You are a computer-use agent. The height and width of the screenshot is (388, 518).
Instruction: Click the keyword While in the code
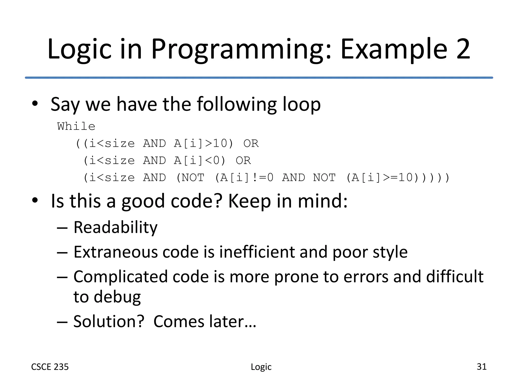coord(76,126)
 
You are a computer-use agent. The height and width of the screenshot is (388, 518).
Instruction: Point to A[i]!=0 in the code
coord(247,178)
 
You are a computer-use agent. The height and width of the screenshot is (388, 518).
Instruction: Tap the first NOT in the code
coord(193,178)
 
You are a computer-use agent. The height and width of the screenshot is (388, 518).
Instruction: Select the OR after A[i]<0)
coord(243,161)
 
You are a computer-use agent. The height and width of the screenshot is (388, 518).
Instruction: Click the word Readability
coord(115,227)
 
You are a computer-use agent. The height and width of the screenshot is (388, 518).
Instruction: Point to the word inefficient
coord(257,252)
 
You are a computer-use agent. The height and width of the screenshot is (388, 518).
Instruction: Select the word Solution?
coord(109,322)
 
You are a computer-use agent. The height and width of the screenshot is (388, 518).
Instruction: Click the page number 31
coord(481,367)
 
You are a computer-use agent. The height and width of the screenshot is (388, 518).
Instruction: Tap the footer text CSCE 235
coord(50,367)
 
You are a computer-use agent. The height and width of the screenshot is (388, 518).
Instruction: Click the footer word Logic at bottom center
coord(261,367)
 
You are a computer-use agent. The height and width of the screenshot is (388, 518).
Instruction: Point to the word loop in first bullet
coord(301,104)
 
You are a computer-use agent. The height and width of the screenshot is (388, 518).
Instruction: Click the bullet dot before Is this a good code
coord(35,200)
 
